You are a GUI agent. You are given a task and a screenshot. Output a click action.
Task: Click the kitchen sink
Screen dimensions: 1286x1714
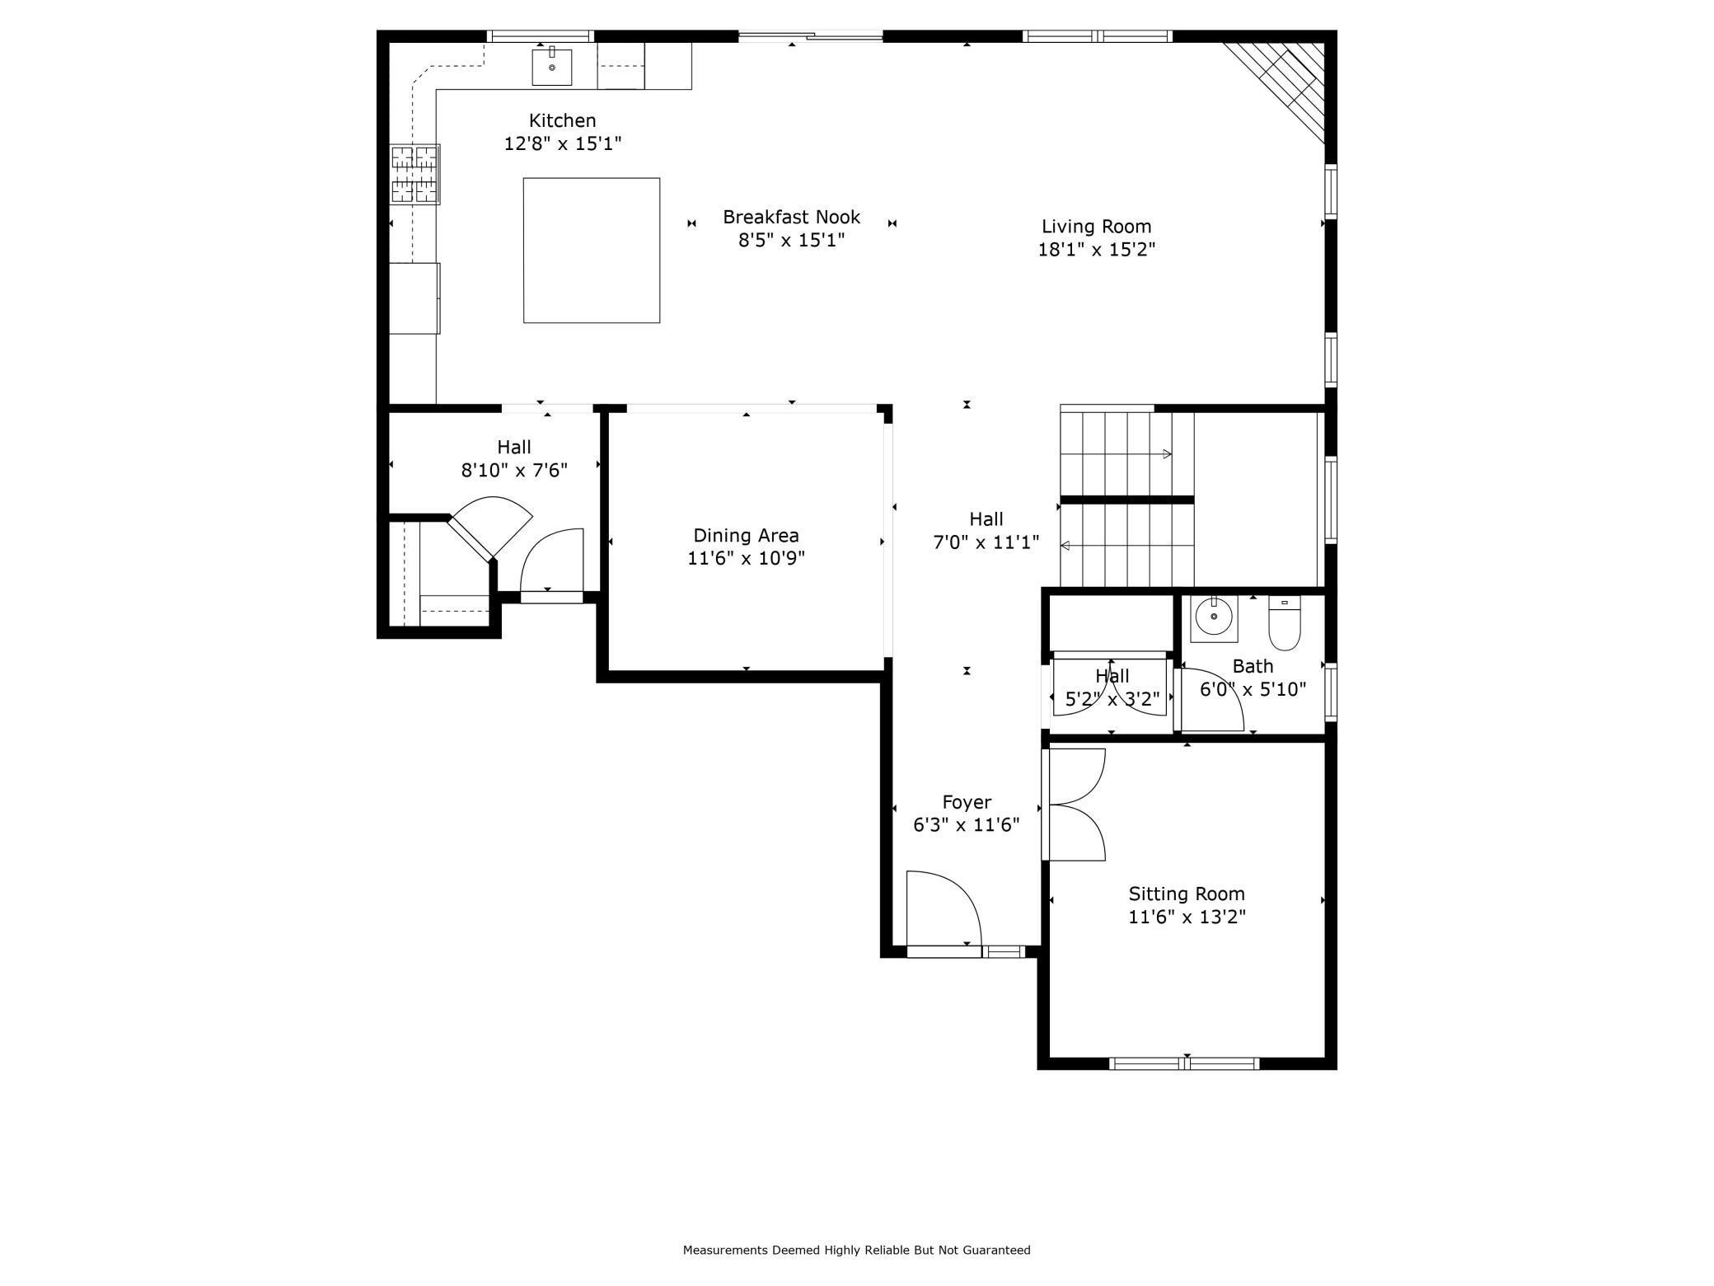point(551,67)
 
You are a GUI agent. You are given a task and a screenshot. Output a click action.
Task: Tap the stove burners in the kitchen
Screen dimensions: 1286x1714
point(414,174)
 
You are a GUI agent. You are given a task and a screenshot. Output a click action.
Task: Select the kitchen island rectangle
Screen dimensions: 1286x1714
point(591,250)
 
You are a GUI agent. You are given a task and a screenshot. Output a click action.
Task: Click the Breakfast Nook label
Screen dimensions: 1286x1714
point(791,217)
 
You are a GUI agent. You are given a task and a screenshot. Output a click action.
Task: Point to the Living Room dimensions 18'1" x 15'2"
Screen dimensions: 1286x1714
point(1096,249)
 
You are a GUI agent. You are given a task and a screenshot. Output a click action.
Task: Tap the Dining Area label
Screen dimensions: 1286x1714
point(746,535)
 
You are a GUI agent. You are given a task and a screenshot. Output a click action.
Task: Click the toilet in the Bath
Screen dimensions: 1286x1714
point(1284,625)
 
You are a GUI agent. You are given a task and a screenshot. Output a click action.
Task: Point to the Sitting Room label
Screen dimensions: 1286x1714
point(1186,894)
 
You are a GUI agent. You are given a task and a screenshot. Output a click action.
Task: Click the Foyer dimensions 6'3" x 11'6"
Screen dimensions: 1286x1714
point(966,825)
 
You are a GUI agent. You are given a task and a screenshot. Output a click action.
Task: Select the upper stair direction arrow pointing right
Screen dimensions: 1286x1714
point(1166,454)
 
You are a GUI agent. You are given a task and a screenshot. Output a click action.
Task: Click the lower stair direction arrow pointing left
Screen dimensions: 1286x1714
point(1065,546)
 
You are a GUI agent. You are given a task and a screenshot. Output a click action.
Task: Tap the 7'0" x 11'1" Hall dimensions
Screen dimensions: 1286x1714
point(986,542)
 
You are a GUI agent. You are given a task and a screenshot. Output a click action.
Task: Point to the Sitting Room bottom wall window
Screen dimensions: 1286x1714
point(1185,1064)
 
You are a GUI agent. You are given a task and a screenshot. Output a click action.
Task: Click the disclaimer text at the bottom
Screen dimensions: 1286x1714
point(856,1250)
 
